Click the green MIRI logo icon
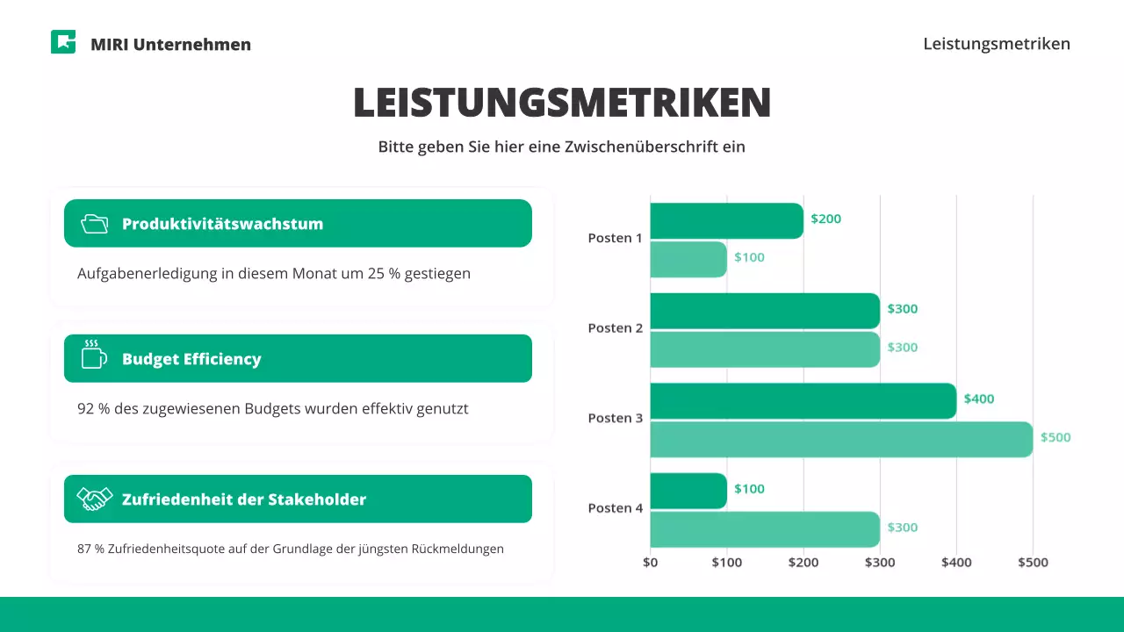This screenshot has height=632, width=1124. click(x=63, y=42)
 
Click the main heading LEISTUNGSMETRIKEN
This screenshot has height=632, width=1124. click(x=562, y=103)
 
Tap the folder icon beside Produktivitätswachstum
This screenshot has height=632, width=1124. click(x=94, y=224)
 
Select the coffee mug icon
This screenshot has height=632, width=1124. click(x=93, y=355)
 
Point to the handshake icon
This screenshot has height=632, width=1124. click(x=95, y=499)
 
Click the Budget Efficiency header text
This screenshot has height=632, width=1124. click(x=191, y=359)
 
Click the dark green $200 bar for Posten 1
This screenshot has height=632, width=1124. click(x=726, y=221)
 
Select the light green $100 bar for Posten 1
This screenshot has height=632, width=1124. click(x=688, y=259)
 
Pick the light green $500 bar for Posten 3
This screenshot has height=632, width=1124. click(x=841, y=439)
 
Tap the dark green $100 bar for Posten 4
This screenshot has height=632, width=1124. click(x=688, y=491)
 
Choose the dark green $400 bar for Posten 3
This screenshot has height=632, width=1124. click(x=803, y=401)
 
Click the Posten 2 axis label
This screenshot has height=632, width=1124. click(x=616, y=328)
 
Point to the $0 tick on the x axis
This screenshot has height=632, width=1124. click(x=651, y=563)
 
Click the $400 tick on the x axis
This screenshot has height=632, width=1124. click(x=956, y=563)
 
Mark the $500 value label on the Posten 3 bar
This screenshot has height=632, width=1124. click(x=1056, y=437)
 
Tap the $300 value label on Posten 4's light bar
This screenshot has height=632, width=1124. click(x=903, y=528)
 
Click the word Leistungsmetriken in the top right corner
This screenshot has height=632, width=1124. click(x=997, y=44)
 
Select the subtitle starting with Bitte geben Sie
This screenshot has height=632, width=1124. click(x=562, y=147)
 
